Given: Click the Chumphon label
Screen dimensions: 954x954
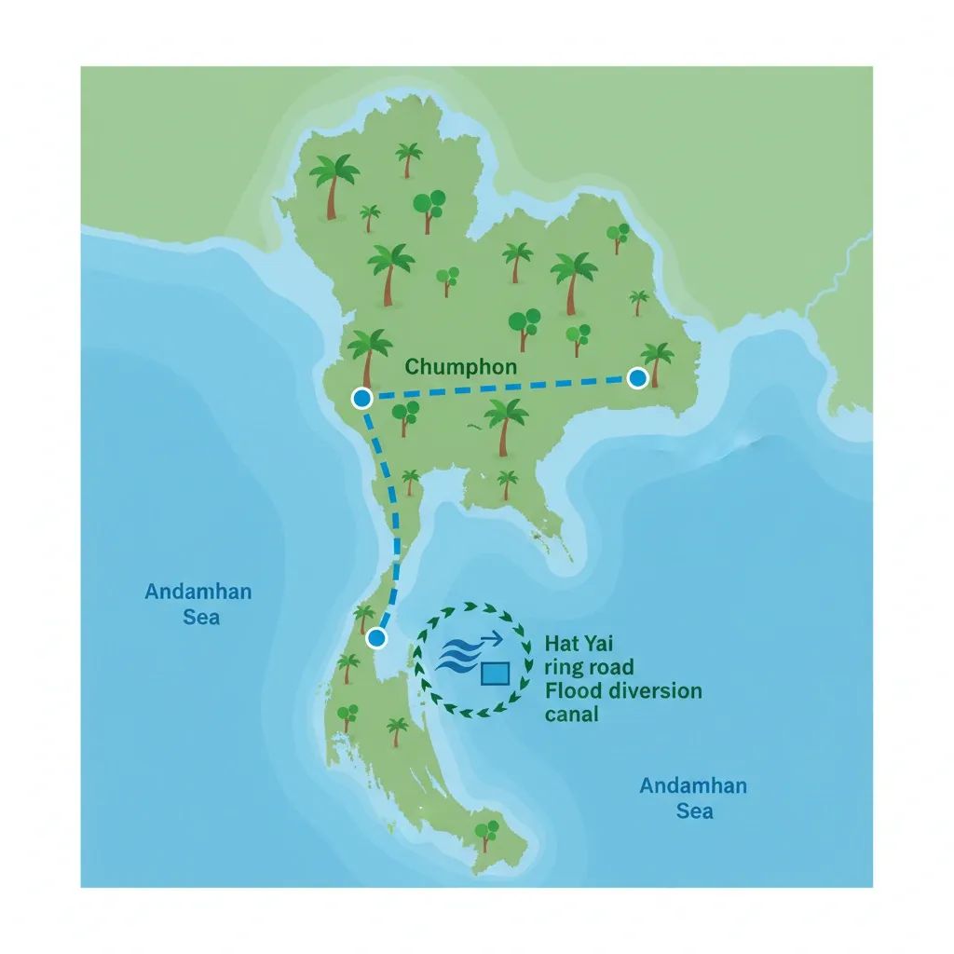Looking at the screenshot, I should (x=460, y=366).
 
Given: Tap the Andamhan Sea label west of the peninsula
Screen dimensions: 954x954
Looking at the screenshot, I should (x=198, y=604).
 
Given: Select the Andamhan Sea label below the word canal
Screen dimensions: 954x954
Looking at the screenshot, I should (x=693, y=798).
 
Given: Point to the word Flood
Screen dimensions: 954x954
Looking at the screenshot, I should (x=574, y=690).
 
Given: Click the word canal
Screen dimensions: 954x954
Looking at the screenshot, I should (x=571, y=715).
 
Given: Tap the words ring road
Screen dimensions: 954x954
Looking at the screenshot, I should (x=589, y=667).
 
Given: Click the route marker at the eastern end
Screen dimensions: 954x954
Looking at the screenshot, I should (x=637, y=377).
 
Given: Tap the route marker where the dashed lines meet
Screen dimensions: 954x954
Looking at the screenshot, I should (x=362, y=399).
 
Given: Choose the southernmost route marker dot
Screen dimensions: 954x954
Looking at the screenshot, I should (x=376, y=638).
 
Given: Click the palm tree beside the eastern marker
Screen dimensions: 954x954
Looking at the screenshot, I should (x=658, y=361).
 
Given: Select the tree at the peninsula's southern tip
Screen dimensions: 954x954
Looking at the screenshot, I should (x=485, y=833).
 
